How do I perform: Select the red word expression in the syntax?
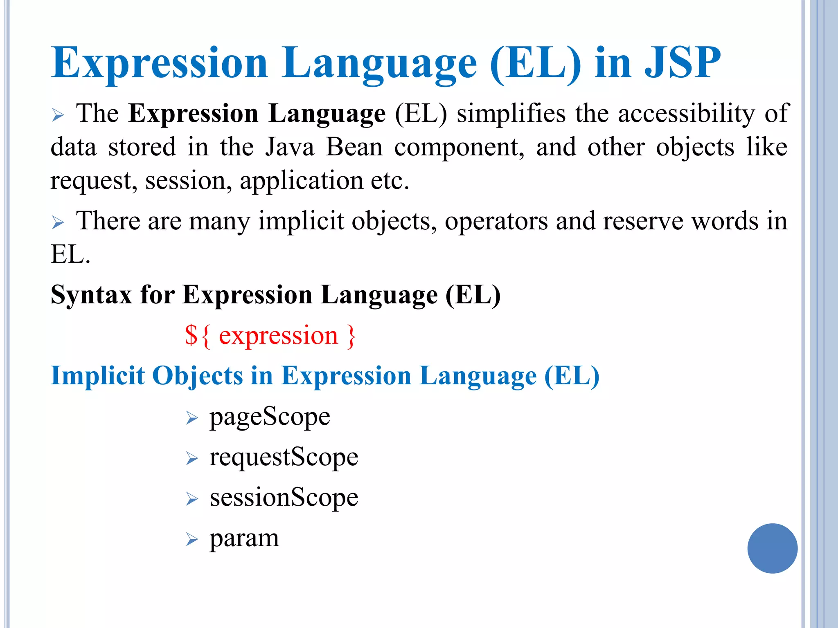tap(278, 336)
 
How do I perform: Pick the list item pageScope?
tap(270, 417)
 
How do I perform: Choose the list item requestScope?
tap(284, 458)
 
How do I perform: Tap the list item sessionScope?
tap(284, 498)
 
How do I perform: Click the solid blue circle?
tap(772, 548)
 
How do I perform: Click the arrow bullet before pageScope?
tap(192, 418)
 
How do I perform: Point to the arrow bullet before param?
tap(192, 540)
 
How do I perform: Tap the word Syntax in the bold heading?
tap(91, 295)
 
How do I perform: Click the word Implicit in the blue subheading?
tap(97, 376)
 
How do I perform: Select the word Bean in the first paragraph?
tap(354, 147)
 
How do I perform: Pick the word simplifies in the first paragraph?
tap(511, 114)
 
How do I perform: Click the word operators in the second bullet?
tap(496, 221)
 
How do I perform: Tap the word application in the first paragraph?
tap(302, 181)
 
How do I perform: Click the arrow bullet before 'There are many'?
tap(58, 223)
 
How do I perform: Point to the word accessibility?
tap(686, 114)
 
